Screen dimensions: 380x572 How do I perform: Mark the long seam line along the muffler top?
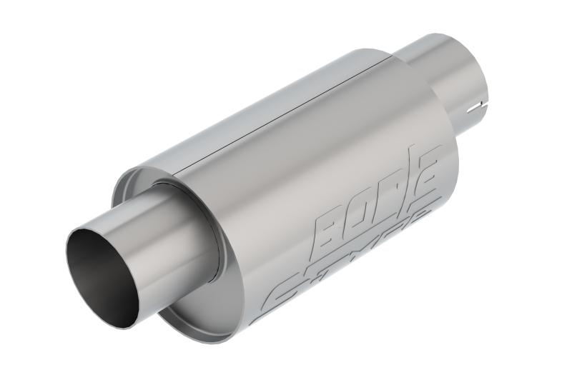pos(286,114)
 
